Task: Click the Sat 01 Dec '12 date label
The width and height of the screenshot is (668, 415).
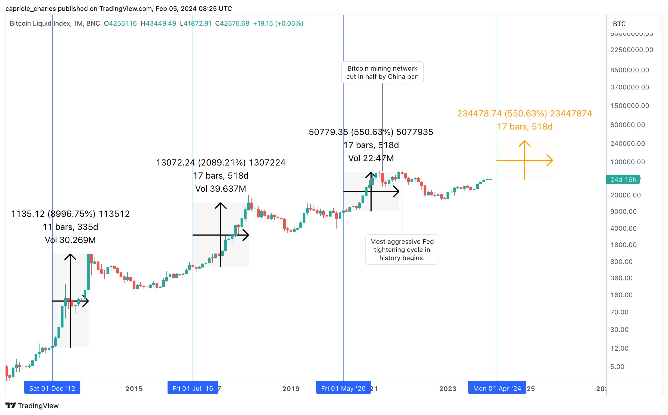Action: coord(52,388)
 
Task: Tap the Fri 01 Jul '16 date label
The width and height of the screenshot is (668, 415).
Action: coord(193,388)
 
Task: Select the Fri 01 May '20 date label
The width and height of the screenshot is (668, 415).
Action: coord(343,388)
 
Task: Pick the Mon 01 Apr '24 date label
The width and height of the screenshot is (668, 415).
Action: coord(497,388)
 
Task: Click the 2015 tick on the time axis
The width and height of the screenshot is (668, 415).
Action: coord(134,389)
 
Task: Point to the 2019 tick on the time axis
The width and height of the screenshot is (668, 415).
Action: coord(291,389)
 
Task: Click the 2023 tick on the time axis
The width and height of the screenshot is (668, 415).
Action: coord(448,389)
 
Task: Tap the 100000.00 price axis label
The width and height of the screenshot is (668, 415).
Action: coord(627,162)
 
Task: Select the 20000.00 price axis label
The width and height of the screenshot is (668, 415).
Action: coord(626,195)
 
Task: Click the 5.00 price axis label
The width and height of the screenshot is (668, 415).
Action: coord(617,366)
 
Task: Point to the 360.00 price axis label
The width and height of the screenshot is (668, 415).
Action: coord(621,278)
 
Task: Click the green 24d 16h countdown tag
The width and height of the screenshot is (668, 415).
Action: coord(623,179)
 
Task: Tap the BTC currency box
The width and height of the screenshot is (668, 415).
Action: coord(633,24)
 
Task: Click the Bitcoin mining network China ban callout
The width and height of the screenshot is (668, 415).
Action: coord(382,73)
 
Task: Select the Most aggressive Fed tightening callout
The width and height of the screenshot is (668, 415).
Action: coord(402,249)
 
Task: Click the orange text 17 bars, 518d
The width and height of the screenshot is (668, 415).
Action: coord(525,127)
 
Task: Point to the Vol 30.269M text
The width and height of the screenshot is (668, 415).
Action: coord(70,240)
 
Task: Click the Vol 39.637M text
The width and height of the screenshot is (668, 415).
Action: coord(220,189)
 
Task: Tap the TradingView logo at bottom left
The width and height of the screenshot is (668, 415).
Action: coord(32,405)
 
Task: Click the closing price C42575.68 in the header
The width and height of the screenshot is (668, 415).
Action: coord(232,23)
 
